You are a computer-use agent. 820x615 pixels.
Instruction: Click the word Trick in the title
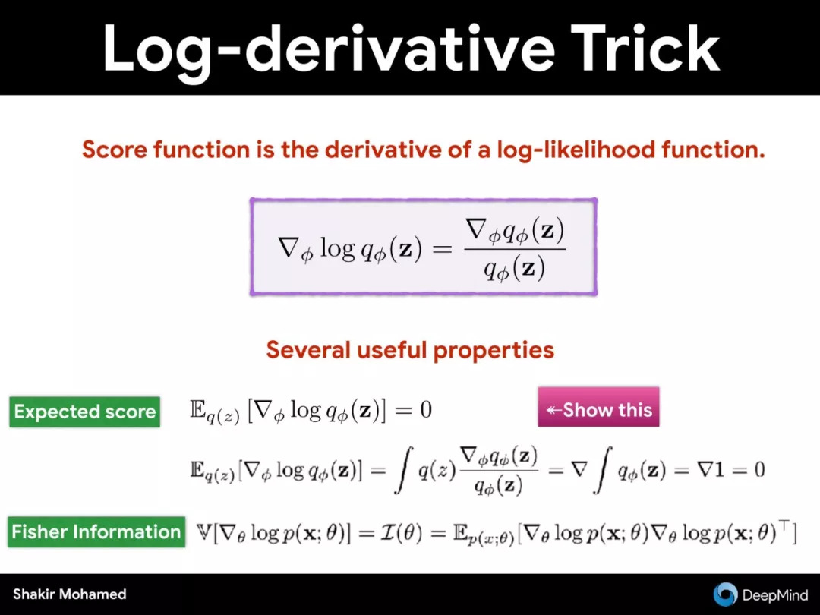pyautogui.click(x=645, y=48)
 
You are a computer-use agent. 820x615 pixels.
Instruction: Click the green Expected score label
pyautogui.click(x=85, y=412)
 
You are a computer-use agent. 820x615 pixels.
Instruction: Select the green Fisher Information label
pyautogui.click(x=96, y=531)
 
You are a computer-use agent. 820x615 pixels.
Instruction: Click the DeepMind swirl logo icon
pyautogui.click(x=725, y=594)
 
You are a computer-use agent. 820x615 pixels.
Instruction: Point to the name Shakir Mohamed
pyautogui.click(x=70, y=594)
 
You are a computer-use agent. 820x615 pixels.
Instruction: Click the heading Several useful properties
pyautogui.click(x=410, y=349)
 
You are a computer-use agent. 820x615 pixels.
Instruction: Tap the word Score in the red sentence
pyautogui.click(x=113, y=150)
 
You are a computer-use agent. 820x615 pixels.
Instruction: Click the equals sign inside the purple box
pyautogui.click(x=443, y=250)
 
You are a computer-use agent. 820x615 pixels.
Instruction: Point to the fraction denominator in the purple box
pyautogui.click(x=514, y=269)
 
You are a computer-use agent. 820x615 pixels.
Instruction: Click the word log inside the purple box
pyautogui.click(x=337, y=248)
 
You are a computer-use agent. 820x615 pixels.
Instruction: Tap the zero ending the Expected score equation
pyautogui.click(x=426, y=409)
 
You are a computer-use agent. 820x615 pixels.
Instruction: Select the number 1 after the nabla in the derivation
pyautogui.click(x=719, y=470)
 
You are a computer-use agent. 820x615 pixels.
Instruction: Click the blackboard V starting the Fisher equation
pyautogui.click(x=203, y=532)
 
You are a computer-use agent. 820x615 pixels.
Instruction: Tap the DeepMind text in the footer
pyautogui.click(x=775, y=595)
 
